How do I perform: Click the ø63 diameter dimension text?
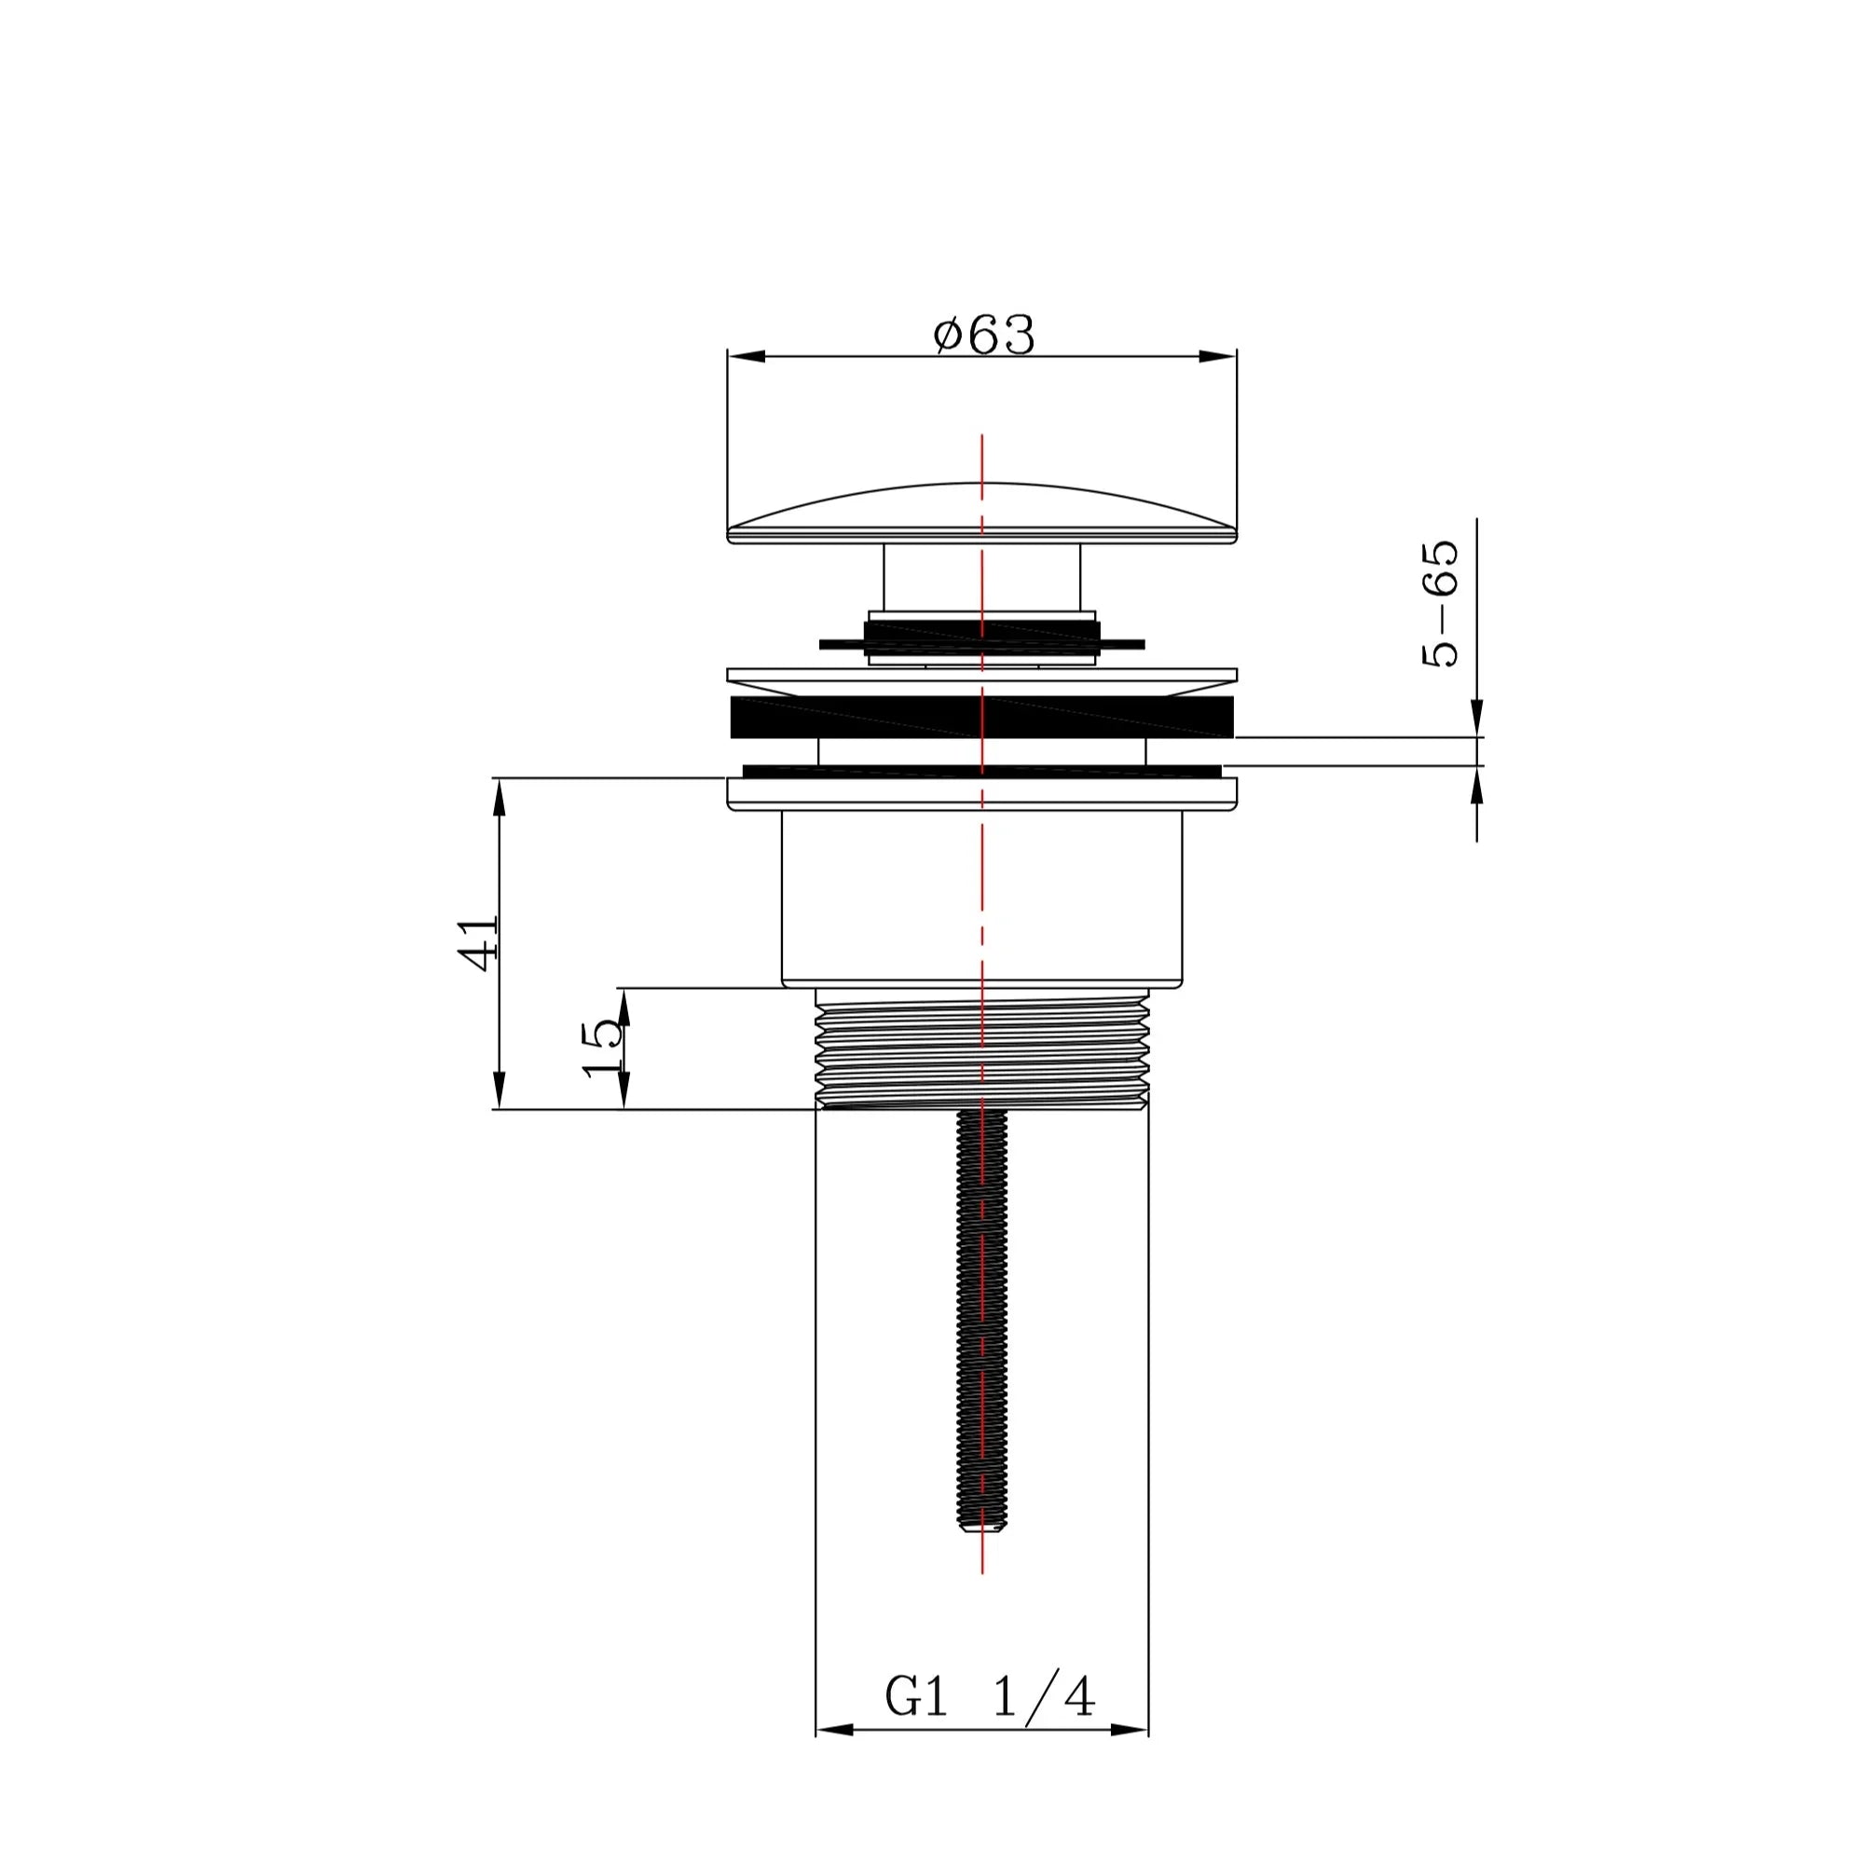pyautogui.click(x=984, y=334)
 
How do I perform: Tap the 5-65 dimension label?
pyautogui.click(x=1440, y=603)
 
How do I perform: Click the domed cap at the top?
pyautogui.click(x=982, y=514)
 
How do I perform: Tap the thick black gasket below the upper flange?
pyautogui.click(x=982, y=717)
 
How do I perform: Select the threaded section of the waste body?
pyautogui.click(x=982, y=1048)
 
